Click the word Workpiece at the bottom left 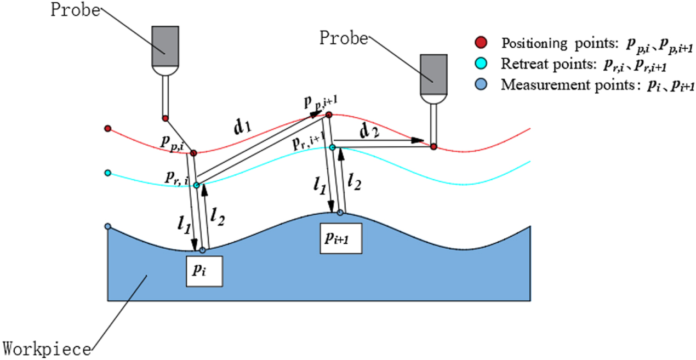(x=48, y=348)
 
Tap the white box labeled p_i (x=204, y=270)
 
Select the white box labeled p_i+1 (x=341, y=238)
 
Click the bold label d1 (x=243, y=129)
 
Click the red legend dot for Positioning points (x=481, y=43)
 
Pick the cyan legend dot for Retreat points (x=481, y=64)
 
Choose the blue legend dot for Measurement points (x=481, y=85)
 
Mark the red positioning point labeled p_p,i (x=193, y=153)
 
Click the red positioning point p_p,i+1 (x=329, y=115)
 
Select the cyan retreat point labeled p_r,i (x=196, y=185)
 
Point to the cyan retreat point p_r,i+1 (x=332, y=147)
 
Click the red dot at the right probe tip (x=433, y=147)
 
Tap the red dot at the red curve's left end (x=108, y=128)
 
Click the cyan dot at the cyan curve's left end (x=108, y=173)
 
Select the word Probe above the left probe (x=76, y=10)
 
